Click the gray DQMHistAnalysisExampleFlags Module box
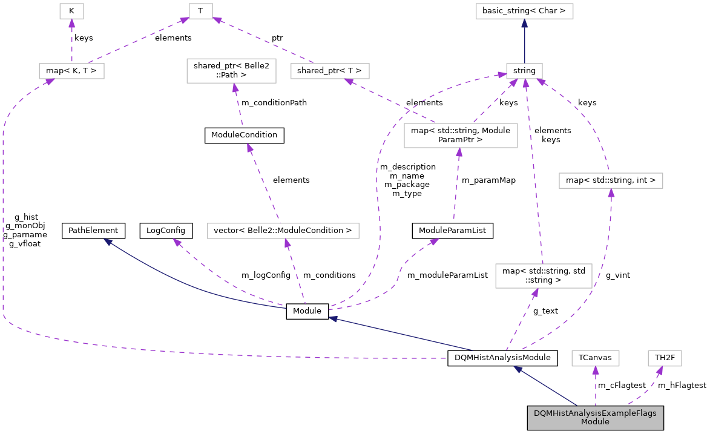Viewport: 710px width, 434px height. (x=595, y=418)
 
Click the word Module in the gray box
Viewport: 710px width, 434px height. (x=595, y=422)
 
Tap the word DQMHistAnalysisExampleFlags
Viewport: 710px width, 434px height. (x=595, y=413)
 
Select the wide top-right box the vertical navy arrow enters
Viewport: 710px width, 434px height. (x=524, y=11)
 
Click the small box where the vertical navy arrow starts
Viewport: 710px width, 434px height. (x=524, y=71)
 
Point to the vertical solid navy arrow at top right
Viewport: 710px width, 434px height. (x=524, y=42)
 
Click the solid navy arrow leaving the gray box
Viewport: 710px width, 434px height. (x=545, y=386)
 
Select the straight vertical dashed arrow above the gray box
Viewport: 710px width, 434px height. (x=595, y=387)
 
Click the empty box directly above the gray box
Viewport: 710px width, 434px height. (x=595, y=358)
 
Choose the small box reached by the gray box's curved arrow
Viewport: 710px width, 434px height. (x=665, y=358)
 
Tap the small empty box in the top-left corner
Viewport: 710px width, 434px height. (x=71, y=11)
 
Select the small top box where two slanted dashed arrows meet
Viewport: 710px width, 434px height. (x=200, y=11)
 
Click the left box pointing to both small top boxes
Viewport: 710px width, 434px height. (x=71, y=71)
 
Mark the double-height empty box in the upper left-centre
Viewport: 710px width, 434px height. (x=231, y=71)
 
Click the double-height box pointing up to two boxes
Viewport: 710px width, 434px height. (x=461, y=135)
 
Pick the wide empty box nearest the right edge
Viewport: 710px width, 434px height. (x=611, y=180)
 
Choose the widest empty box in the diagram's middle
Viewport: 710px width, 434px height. (x=283, y=231)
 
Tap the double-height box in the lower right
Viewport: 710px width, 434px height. (x=544, y=276)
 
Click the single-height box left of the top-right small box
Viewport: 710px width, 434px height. (x=330, y=71)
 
